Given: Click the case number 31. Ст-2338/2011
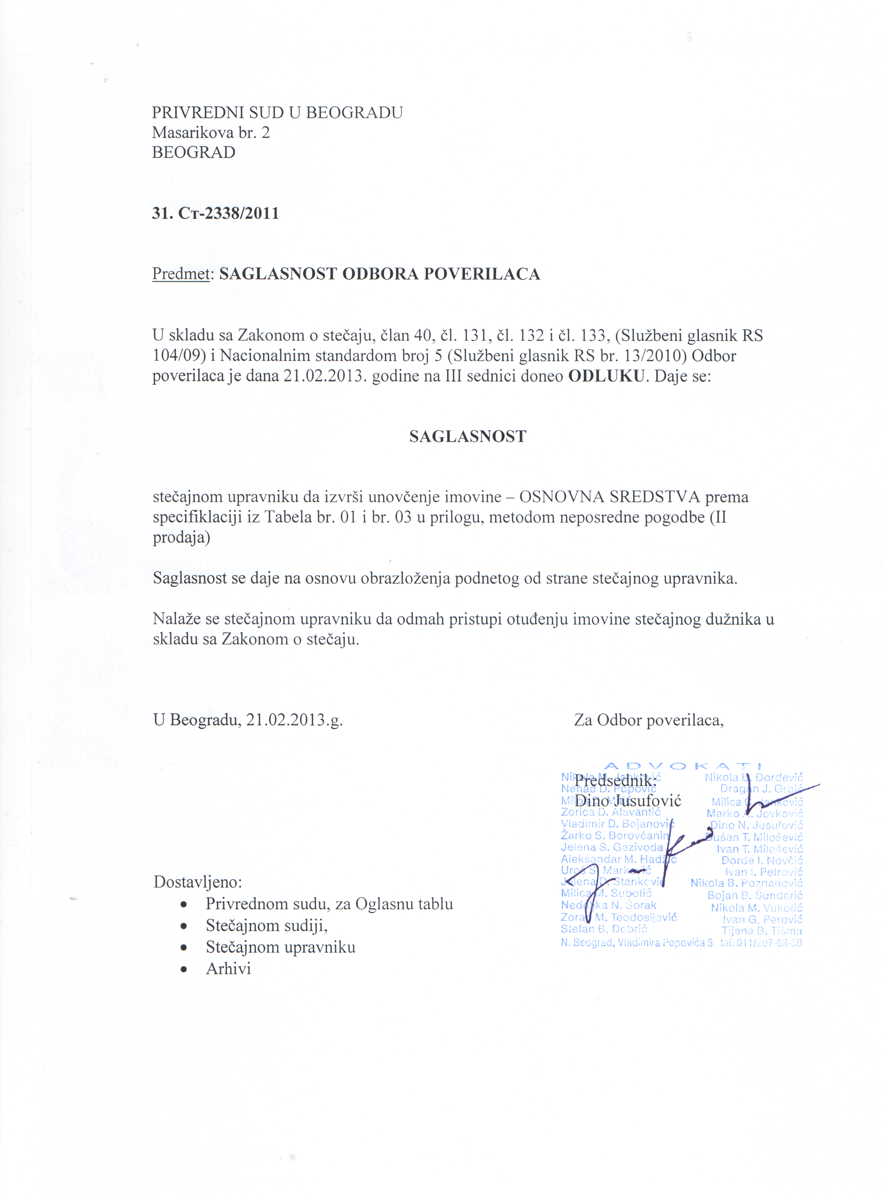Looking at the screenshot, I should click(216, 214).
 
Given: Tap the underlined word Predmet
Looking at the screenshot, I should click(180, 274).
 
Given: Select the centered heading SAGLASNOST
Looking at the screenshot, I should click(468, 436).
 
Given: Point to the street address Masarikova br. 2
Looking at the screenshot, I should click(211, 132).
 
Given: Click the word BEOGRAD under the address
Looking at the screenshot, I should click(193, 153).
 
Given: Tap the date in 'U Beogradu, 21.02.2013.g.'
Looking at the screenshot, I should click(294, 720).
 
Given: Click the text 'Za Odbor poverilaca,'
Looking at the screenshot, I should click(649, 720).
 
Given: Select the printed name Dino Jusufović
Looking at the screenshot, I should click(628, 801).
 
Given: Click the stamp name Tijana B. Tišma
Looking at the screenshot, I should click(761, 931).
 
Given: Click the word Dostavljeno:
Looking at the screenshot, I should click(198, 882).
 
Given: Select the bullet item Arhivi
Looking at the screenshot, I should click(228, 968).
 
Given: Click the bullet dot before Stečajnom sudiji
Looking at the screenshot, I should click(184, 926).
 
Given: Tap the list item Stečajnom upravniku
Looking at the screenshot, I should click(280, 947).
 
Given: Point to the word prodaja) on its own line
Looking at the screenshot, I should click(181, 537).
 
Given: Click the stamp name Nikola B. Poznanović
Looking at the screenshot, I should click(746, 883).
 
